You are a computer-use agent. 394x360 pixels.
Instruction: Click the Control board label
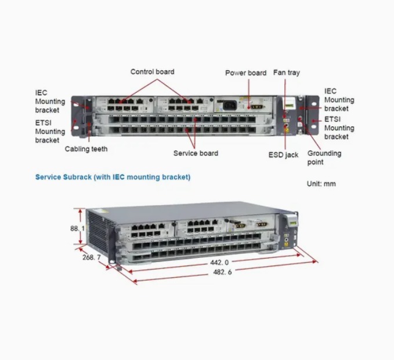(x=152, y=72)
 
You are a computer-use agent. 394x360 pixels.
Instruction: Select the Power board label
(x=245, y=73)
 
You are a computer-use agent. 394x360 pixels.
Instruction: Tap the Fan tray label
(x=286, y=73)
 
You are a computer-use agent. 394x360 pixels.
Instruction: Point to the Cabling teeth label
(x=86, y=149)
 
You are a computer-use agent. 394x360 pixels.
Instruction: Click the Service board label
(x=196, y=153)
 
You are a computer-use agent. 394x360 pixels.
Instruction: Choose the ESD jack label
(x=283, y=155)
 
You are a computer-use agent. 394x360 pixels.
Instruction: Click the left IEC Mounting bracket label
(x=50, y=101)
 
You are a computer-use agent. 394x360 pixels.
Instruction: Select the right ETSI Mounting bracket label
(x=339, y=128)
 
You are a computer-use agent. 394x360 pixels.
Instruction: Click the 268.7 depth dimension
(x=91, y=257)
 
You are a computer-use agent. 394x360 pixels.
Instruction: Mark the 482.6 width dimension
(x=222, y=272)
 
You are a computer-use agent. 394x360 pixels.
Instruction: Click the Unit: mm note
(x=321, y=184)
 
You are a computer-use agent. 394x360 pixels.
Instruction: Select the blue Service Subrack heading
(x=113, y=177)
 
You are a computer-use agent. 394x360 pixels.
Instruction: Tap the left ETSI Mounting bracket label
(x=50, y=131)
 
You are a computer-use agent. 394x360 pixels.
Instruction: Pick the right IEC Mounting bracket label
(x=339, y=100)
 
